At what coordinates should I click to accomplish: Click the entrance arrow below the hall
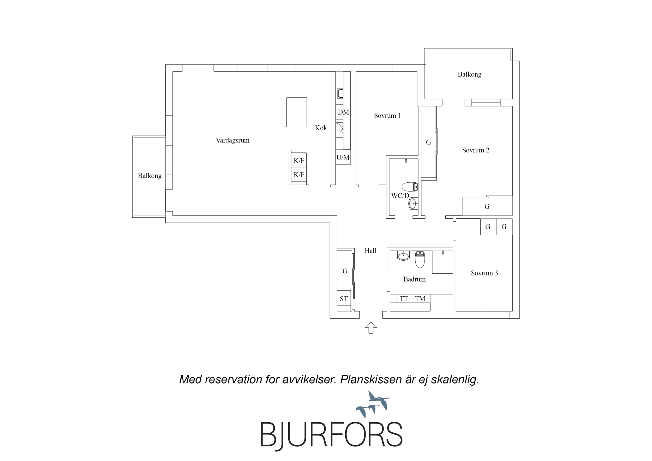371,328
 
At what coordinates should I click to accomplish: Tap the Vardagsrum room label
232,140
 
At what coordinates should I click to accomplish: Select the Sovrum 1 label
387,116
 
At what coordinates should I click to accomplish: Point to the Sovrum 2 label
476,150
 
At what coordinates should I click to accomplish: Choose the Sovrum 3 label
484,273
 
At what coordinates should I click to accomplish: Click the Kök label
321,128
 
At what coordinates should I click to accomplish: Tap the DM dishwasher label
343,112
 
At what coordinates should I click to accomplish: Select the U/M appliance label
343,157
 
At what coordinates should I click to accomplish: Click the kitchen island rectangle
296,112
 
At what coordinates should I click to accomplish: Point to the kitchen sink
340,93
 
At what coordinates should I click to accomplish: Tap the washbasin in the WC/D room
413,203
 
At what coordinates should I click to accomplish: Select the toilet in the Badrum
420,259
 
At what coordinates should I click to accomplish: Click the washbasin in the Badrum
403,256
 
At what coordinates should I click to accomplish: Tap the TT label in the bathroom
404,299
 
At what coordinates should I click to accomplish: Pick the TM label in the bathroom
420,299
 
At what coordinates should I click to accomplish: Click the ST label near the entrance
344,299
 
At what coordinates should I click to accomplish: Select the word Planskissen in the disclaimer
370,380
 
